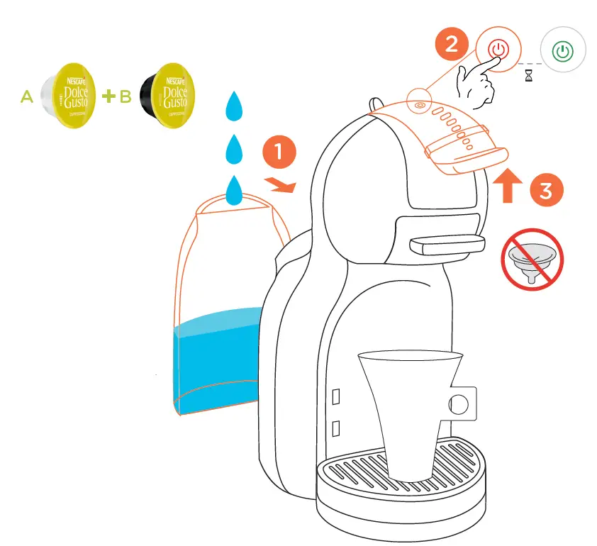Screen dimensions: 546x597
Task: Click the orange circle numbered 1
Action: (x=278, y=152)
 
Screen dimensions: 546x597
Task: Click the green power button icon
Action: (x=563, y=52)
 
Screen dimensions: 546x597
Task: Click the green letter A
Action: (x=26, y=97)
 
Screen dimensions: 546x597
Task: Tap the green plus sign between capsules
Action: (x=108, y=96)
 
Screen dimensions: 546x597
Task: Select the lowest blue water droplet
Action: (x=234, y=189)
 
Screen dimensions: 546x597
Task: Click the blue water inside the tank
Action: (x=216, y=362)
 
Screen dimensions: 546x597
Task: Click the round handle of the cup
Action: (x=459, y=403)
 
